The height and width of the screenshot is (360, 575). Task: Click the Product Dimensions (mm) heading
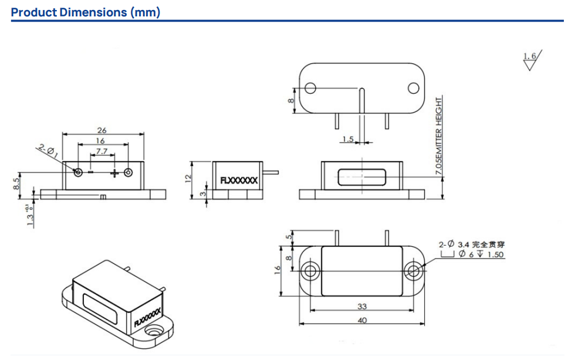tap(86, 12)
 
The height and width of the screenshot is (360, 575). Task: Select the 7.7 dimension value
tap(101, 151)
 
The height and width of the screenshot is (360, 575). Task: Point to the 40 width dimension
tap(362, 320)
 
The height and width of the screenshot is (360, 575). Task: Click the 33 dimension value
tap(362, 306)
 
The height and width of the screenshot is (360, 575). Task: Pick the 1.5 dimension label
tap(347, 139)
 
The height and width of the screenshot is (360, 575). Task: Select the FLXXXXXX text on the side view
tap(238, 181)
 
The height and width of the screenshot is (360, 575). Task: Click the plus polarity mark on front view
tap(114, 172)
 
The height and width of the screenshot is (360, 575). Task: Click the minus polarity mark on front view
tap(91, 172)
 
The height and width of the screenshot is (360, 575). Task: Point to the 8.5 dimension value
tap(15, 184)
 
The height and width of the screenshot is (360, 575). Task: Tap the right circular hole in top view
tap(413, 88)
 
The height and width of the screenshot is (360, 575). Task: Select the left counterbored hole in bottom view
tap(309, 271)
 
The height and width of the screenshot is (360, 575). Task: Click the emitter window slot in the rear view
tap(362, 178)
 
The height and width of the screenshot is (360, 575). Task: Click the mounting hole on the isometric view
tap(155, 332)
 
